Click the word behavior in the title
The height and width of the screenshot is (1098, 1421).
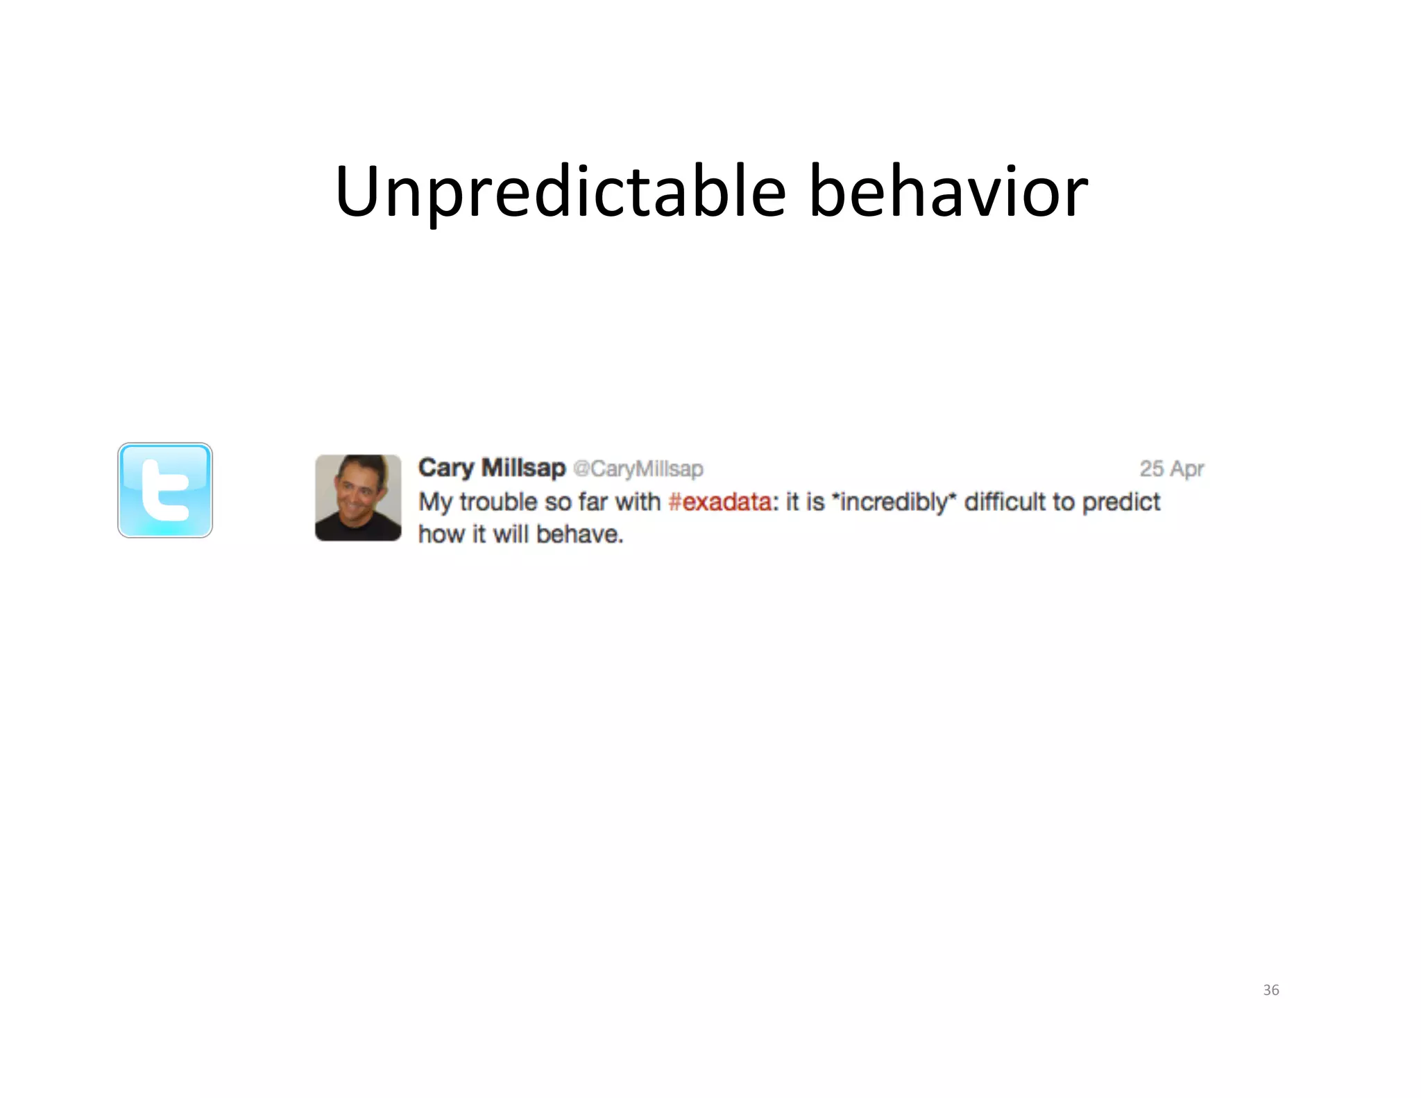point(948,192)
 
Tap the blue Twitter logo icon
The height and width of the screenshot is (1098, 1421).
point(165,490)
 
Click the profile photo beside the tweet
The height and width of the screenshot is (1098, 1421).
point(358,498)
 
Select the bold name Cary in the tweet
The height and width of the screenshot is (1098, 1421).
point(446,468)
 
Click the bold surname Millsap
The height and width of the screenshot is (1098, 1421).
point(524,468)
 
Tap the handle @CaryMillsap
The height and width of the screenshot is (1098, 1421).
point(638,469)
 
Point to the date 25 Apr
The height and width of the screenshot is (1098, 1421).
point(1171,469)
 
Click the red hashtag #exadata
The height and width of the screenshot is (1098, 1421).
point(720,502)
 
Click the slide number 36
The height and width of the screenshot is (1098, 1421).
point(1271,990)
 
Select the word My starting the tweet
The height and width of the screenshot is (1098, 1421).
point(435,502)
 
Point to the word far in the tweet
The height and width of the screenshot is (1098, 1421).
point(593,502)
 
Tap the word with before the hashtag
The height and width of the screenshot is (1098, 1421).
point(638,501)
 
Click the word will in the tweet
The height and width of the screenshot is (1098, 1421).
point(511,534)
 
